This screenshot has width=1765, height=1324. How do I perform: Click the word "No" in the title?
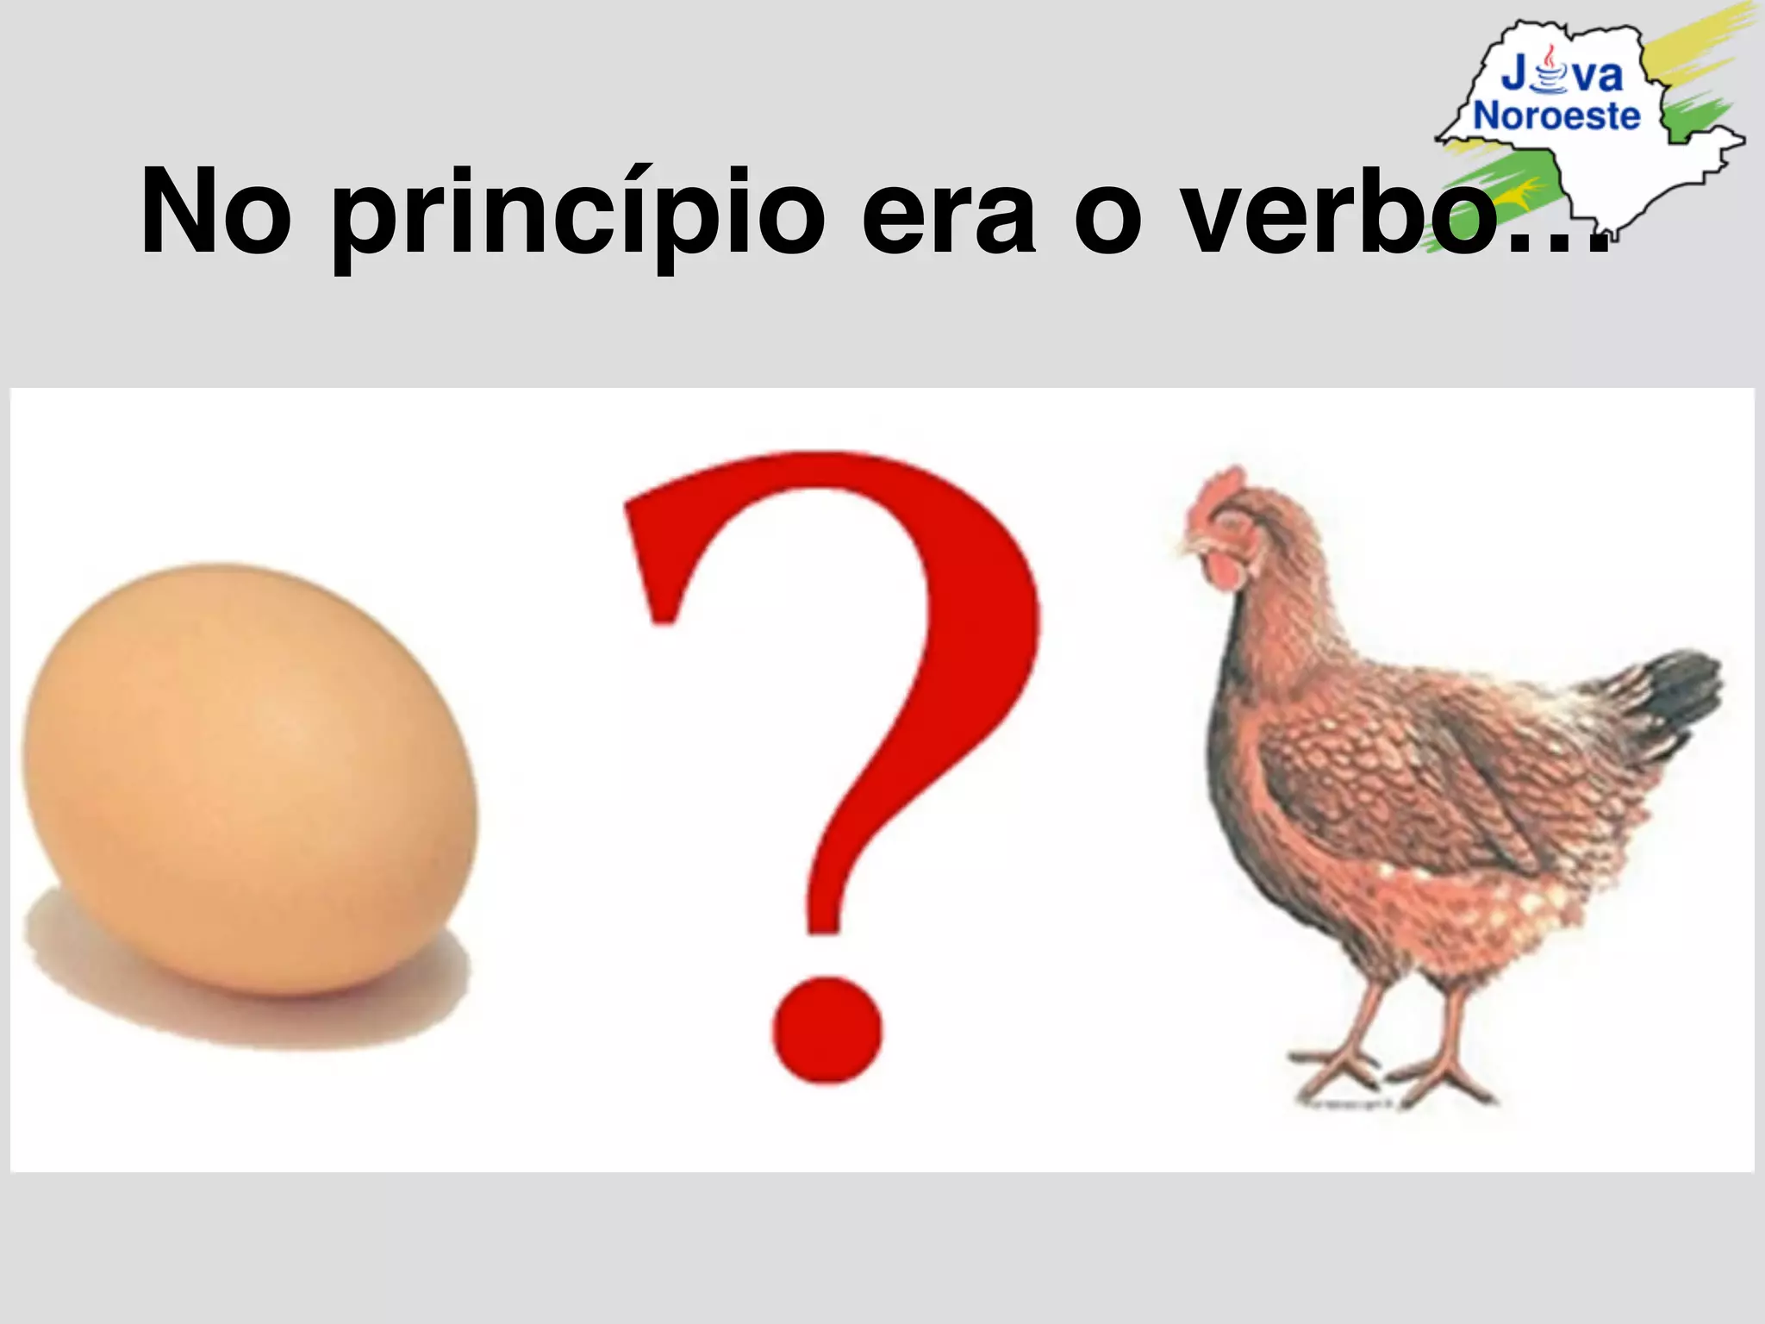tap(215, 213)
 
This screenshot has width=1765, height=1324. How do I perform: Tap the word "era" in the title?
tap(948, 215)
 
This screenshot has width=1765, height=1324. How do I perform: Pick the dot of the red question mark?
tap(826, 1029)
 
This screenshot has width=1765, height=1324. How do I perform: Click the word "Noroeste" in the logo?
tap(1556, 116)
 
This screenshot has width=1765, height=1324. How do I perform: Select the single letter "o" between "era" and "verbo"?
tap(1107, 220)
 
